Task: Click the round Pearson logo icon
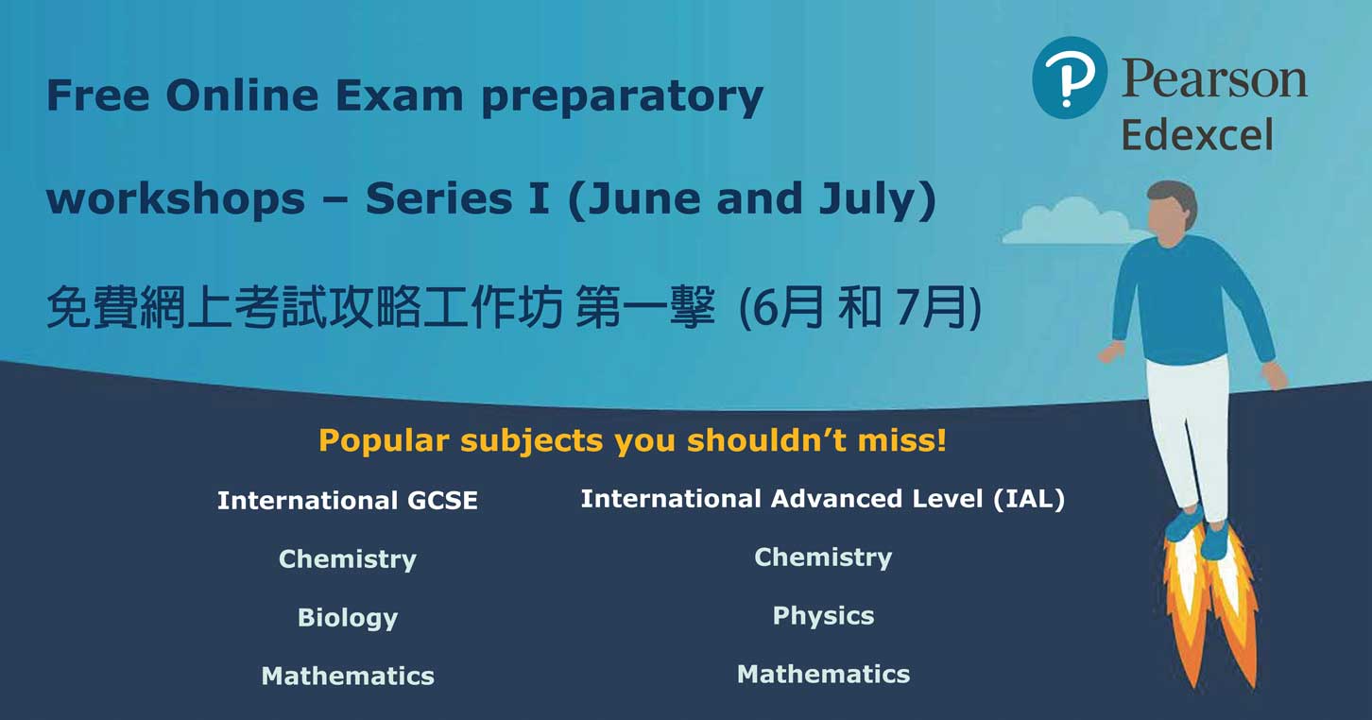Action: click(1070, 77)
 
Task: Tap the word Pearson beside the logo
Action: click(1214, 79)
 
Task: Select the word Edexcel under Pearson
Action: click(1197, 135)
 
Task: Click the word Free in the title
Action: click(98, 95)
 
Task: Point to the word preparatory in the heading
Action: click(623, 98)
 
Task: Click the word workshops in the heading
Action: click(176, 198)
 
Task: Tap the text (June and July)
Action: click(751, 199)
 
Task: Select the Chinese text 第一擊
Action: click(644, 307)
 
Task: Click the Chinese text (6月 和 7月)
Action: click(860, 307)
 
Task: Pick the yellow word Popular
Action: click(384, 440)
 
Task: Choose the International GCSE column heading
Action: click(348, 501)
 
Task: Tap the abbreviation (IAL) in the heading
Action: click(1029, 499)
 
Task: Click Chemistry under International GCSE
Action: click(348, 559)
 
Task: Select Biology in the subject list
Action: click(348, 618)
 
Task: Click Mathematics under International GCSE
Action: click(348, 676)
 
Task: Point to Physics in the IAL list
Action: click(823, 616)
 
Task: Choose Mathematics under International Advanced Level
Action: click(823, 674)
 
